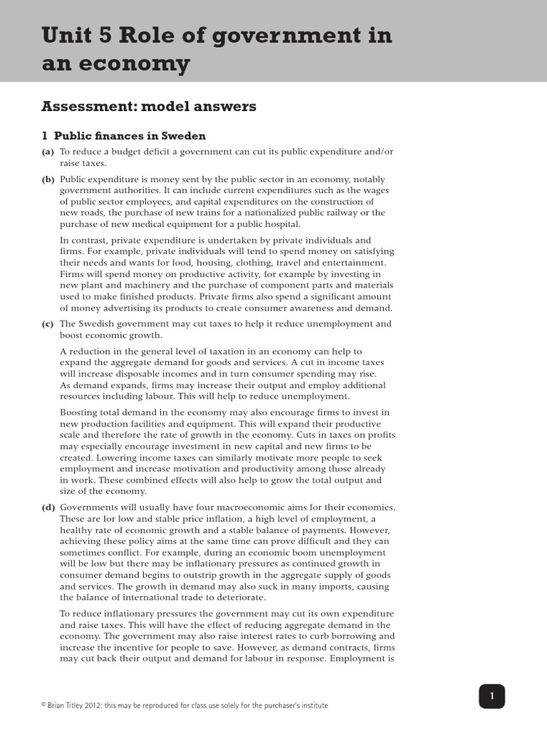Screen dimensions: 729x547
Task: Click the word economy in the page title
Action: coord(135,65)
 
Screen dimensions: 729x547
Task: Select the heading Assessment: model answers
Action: coord(148,107)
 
